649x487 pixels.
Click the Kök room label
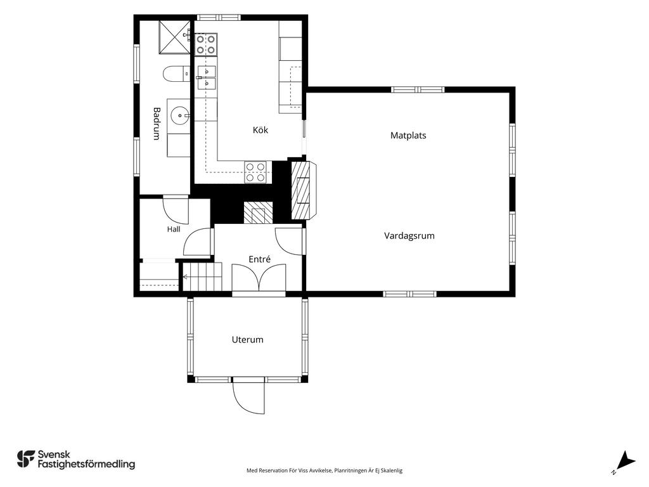point(260,130)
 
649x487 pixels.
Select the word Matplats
point(408,136)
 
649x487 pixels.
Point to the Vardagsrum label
point(409,236)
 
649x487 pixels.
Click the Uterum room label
point(248,340)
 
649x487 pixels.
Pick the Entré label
point(259,259)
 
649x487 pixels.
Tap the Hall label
point(174,229)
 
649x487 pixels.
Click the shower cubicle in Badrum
point(175,37)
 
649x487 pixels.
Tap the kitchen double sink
point(206,78)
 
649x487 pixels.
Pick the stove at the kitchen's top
point(206,44)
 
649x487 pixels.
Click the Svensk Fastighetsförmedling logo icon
point(25,459)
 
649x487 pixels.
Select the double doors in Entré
point(259,278)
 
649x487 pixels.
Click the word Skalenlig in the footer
point(391,471)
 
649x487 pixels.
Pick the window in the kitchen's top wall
point(218,17)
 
